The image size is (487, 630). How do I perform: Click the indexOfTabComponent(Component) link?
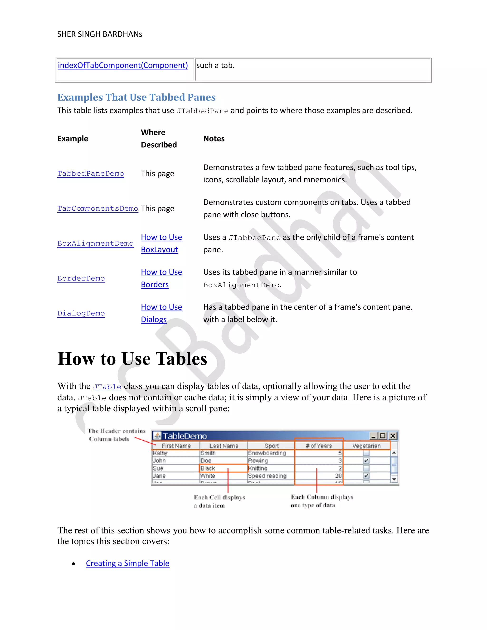[123, 65]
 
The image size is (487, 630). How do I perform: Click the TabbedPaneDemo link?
[91, 174]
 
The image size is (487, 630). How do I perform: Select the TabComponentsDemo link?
[97, 208]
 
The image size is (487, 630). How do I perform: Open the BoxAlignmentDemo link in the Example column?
[95, 243]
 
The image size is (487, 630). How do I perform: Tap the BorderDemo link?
[81, 278]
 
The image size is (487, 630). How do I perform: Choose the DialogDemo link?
[81, 313]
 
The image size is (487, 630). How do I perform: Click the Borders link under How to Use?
[155, 285]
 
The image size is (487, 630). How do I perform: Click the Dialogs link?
[153, 320]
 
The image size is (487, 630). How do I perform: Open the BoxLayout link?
[159, 250]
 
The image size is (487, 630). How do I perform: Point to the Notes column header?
[214, 139]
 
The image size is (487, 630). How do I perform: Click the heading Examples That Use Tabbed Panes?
[136, 97]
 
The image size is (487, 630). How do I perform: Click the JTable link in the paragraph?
[107, 387]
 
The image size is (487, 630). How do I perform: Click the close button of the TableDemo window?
[393, 436]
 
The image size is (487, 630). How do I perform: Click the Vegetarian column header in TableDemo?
[366, 446]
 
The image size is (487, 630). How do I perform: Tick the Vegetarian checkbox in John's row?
[366, 461]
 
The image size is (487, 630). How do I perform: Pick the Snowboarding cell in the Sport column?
[267, 453]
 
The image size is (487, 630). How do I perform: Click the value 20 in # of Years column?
[338, 476]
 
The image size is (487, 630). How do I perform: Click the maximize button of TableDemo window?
[383, 436]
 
